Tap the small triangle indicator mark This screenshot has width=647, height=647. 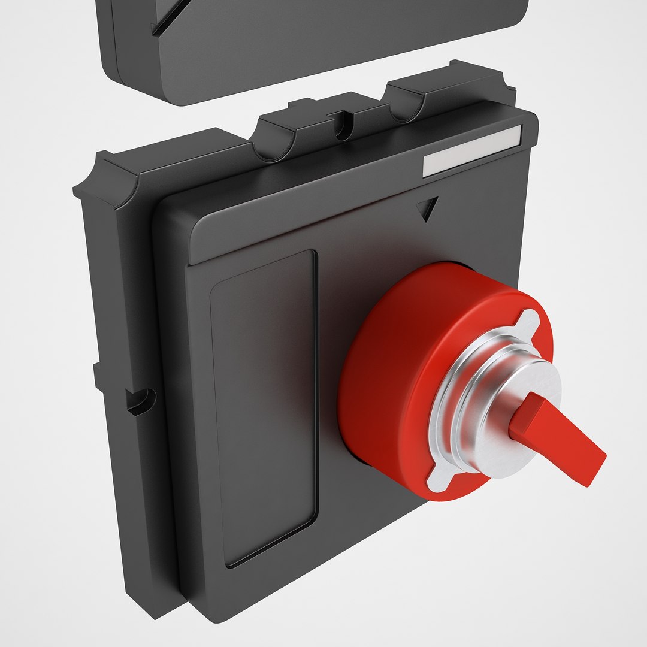[428, 208]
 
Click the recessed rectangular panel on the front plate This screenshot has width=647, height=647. [264, 407]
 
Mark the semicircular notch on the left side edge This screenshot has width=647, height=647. [143, 400]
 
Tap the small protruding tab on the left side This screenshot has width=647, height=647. [97, 374]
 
